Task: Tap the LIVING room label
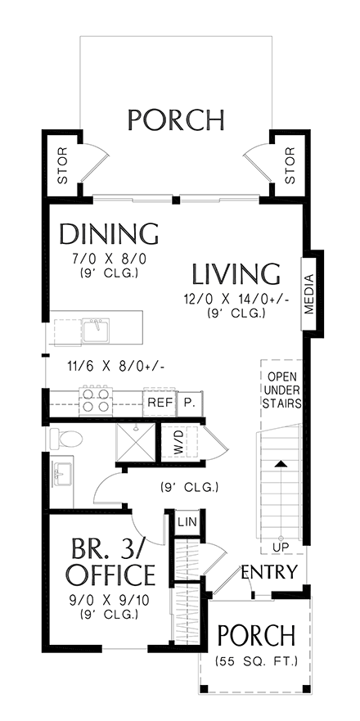click(x=236, y=273)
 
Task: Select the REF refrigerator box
click(x=158, y=403)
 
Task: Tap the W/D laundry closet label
click(x=179, y=444)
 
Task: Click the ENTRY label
click(x=268, y=570)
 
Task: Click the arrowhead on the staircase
click(x=280, y=465)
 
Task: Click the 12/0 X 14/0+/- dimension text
click(x=236, y=300)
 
